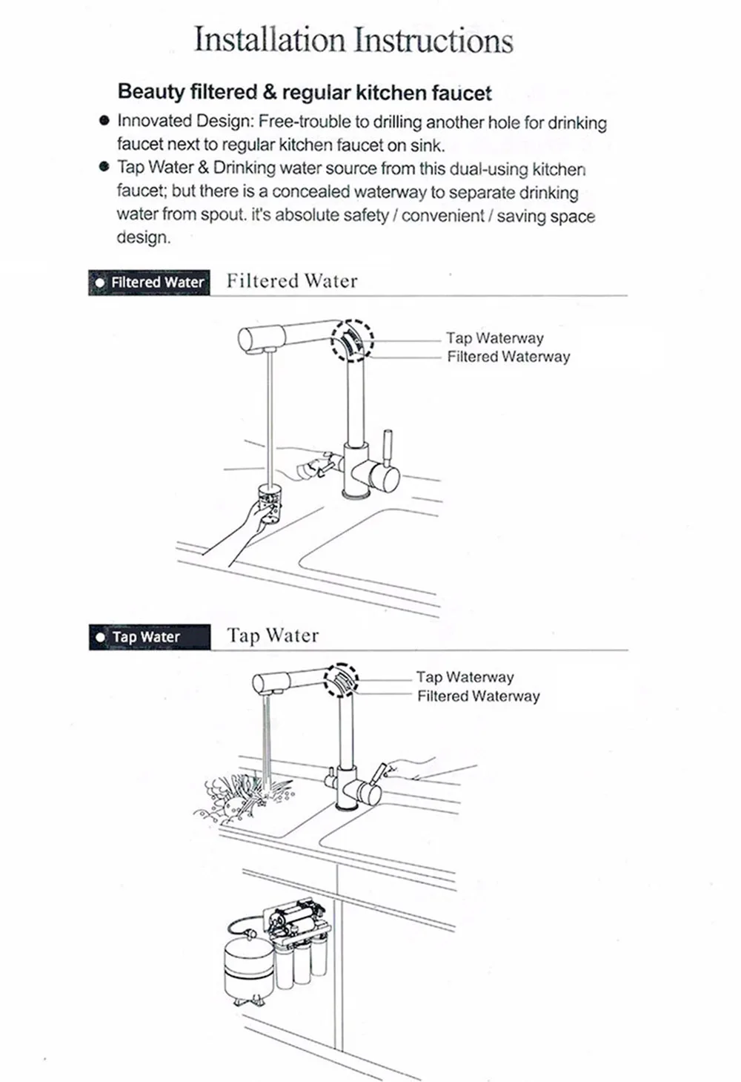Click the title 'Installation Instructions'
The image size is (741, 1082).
[353, 40]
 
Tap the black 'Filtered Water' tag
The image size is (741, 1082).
[149, 283]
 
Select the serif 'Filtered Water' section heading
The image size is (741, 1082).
[292, 281]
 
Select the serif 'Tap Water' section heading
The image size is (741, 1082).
[273, 636]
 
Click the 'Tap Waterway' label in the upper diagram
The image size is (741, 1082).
[494, 338]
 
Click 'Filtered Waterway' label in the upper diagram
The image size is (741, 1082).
[508, 357]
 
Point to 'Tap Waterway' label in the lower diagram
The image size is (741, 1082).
[465, 677]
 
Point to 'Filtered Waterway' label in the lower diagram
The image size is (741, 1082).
[478, 696]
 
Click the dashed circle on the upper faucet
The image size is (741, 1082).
[352, 340]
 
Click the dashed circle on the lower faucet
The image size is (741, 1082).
[342, 679]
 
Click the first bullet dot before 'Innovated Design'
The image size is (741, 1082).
[104, 121]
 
